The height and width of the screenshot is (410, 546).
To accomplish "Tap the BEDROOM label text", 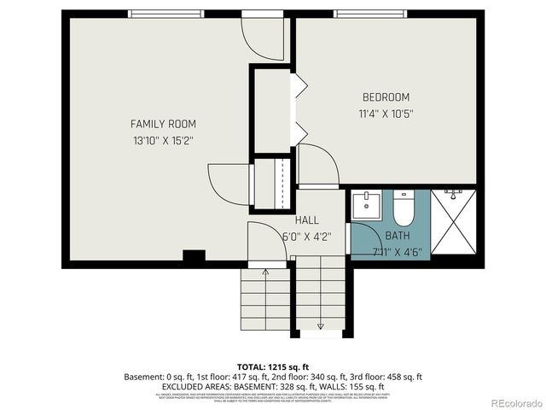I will pos(386,97).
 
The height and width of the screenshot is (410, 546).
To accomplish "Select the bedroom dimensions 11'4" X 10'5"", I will pos(386,113).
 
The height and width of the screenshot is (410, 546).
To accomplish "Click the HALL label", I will pos(306,220).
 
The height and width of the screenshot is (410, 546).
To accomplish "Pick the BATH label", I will pos(398,235).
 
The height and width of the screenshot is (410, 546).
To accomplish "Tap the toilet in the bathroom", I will pos(403,208).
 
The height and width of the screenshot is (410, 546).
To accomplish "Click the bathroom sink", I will pos(369,206).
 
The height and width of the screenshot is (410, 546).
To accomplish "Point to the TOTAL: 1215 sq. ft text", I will pos(273,365).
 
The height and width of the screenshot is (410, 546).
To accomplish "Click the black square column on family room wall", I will pos(194,255).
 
